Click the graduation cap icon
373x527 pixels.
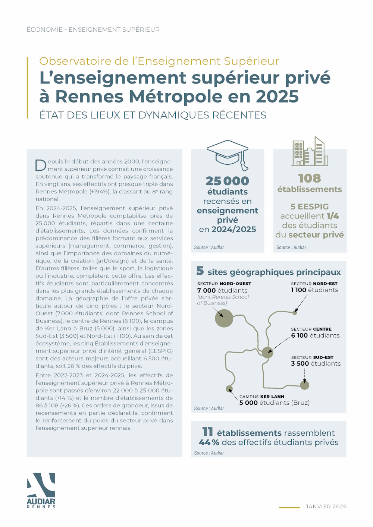click(x=228, y=154)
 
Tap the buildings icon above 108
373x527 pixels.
click(x=310, y=152)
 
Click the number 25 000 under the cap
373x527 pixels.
click(x=228, y=181)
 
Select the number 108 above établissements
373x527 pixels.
click(x=310, y=178)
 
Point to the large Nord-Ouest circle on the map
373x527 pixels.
click(x=224, y=318)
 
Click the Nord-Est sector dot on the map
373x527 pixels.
click(x=295, y=312)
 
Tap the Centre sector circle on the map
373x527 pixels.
click(x=267, y=352)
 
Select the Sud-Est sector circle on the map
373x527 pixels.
click(x=305, y=385)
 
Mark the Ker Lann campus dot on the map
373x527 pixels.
click(x=229, y=389)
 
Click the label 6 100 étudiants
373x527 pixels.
click(x=315, y=335)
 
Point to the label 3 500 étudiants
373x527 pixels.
click(x=316, y=363)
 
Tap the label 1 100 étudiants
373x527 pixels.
click(x=314, y=290)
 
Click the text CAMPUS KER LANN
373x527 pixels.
click(x=262, y=397)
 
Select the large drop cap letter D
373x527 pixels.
click(x=41, y=165)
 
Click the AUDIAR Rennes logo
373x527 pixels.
click(x=41, y=490)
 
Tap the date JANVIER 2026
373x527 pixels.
click(x=326, y=507)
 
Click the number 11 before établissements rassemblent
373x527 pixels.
click(x=207, y=432)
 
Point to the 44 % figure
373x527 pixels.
click(x=209, y=442)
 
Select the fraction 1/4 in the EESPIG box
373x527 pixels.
click(x=333, y=216)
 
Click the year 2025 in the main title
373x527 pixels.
click(x=277, y=96)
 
